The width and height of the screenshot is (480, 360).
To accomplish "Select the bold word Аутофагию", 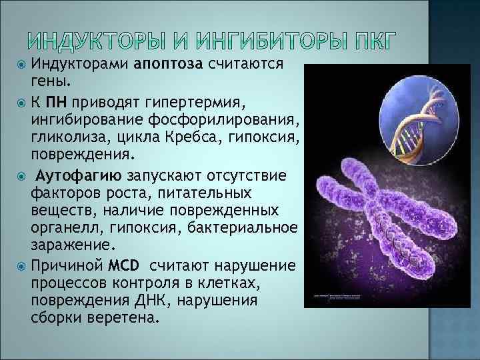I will pyautogui.click(x=77, y=176).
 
